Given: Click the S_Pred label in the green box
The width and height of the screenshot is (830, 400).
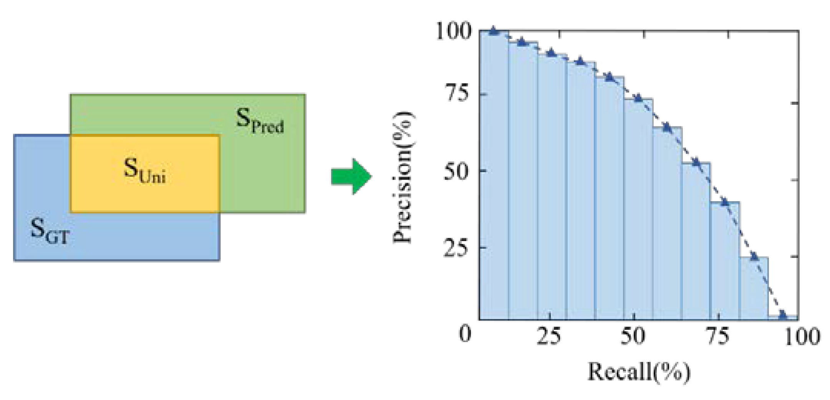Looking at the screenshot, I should point(260,121).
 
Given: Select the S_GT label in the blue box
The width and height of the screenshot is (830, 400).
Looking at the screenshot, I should point(50,232).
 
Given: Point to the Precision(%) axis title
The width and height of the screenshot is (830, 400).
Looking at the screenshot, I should point(403,177).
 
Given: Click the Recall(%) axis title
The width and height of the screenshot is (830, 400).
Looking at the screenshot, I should point(639,372).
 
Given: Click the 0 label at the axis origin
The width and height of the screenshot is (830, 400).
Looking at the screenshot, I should point(465,334).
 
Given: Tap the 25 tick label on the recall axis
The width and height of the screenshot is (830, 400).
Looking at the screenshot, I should point(548,337).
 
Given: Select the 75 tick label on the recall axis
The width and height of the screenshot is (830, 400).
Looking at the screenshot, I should point(718,337).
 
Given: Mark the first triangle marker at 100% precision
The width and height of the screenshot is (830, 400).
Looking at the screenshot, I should point(494,31).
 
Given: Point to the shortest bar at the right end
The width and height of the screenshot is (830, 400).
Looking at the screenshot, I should point(783,318).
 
